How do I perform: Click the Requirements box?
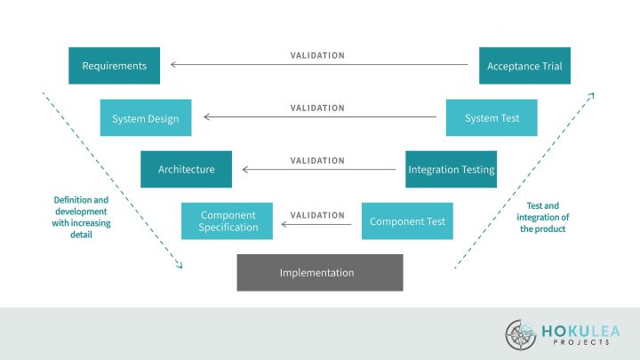[114, 66]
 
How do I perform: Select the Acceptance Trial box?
[524, 66]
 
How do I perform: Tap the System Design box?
[145, 118]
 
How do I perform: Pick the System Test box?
[492, 118]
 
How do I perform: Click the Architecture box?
[186, 169]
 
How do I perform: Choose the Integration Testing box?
[451, 169]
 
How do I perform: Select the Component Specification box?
[227, 221]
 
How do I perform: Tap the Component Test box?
[406, 221]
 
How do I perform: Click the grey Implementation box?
[319, 273]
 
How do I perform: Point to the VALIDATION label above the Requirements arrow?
[317, 55]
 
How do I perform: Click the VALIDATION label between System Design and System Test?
[317, 108]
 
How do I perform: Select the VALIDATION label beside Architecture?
[317, 161]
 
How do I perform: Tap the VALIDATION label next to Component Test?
[317, 214]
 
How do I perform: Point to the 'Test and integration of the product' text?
[542, 217]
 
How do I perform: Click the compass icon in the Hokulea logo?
[521, 334]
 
